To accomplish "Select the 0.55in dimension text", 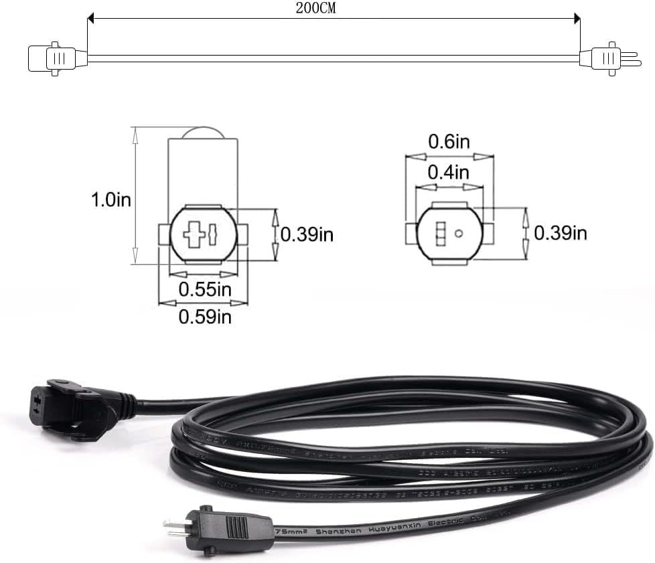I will tap(204, 289).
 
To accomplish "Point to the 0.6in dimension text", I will tap(449, 142).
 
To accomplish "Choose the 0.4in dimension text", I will tap(449, 172).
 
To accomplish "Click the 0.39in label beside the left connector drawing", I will tap(307, 234).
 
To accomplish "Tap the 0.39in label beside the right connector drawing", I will tap(561, 233).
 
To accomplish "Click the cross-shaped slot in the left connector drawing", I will tap(195, 235).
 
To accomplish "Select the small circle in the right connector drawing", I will tap(459, 234).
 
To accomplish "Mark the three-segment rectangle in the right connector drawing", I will tap(440, 234).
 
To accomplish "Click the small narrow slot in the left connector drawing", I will tap(213, 235).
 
